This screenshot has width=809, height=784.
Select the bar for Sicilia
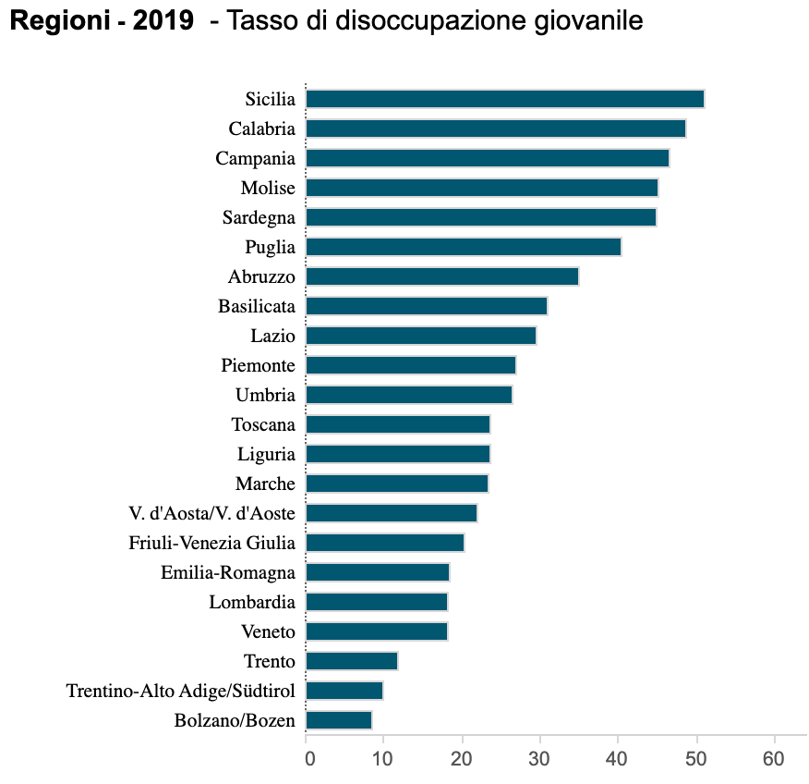pyautogui.click(x=504, y=99)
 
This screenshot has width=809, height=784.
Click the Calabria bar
pyautogui.click(x=495, y=129)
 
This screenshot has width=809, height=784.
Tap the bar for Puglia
pyautogui.click(x=463, y=247)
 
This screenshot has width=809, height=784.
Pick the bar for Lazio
pyautogui.click(x=420, y=336)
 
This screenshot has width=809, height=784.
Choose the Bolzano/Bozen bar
pyautogui.click(x=338, y=720)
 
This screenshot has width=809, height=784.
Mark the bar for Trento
pyautogui.click(x=351, y=661)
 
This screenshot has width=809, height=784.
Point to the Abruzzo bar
pyautogui.click(x=441, y=276)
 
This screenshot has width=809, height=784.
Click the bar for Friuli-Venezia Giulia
pyautogui.click(x=384, y=543)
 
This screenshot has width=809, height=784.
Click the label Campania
pyautogui.click(x=255, y=159)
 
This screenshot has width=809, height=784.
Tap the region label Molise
pyautogui.click(x=268, y=189)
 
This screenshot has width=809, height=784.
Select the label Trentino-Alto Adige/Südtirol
pyautogui.click(x=181, y=691)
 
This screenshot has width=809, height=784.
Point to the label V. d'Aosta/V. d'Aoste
pyautogui.click(x=212, y=513)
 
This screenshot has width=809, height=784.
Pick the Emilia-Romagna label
pyautogui.click(x=228, y=572)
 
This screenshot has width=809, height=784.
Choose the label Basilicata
pyautogui.click(x=257, y=306)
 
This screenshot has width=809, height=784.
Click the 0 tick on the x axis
pyautogui.click(x=308, y=759)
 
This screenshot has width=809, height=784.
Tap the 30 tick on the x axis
pyautogui.click(x=539, y=759)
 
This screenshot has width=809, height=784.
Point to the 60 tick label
pyautogui.click(x=774, y=759)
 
